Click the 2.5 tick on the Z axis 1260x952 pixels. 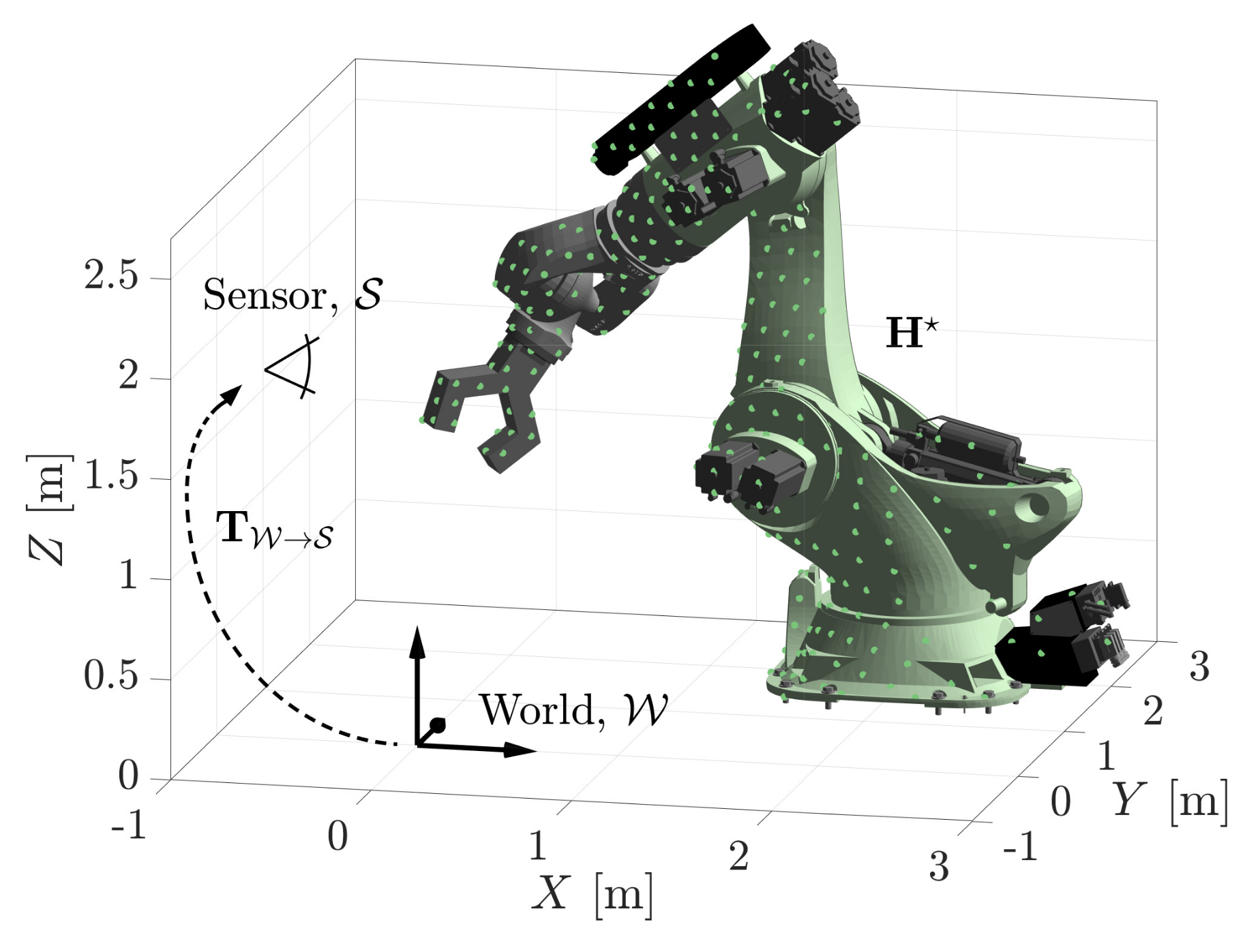(111, 276)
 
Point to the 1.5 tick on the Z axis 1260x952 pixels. (111, 476)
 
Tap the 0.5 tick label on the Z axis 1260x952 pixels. (111, 676)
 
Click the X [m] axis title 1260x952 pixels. (591, 893)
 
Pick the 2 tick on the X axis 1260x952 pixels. (738, 856)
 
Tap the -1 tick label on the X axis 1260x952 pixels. (129, 825)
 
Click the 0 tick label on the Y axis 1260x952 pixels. (1060, 801)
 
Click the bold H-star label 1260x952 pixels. (911, 333)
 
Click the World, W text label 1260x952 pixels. (573, 710)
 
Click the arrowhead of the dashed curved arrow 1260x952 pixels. (232, 395)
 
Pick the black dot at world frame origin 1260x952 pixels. (438, 724)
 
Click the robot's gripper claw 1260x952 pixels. (477, 409)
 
